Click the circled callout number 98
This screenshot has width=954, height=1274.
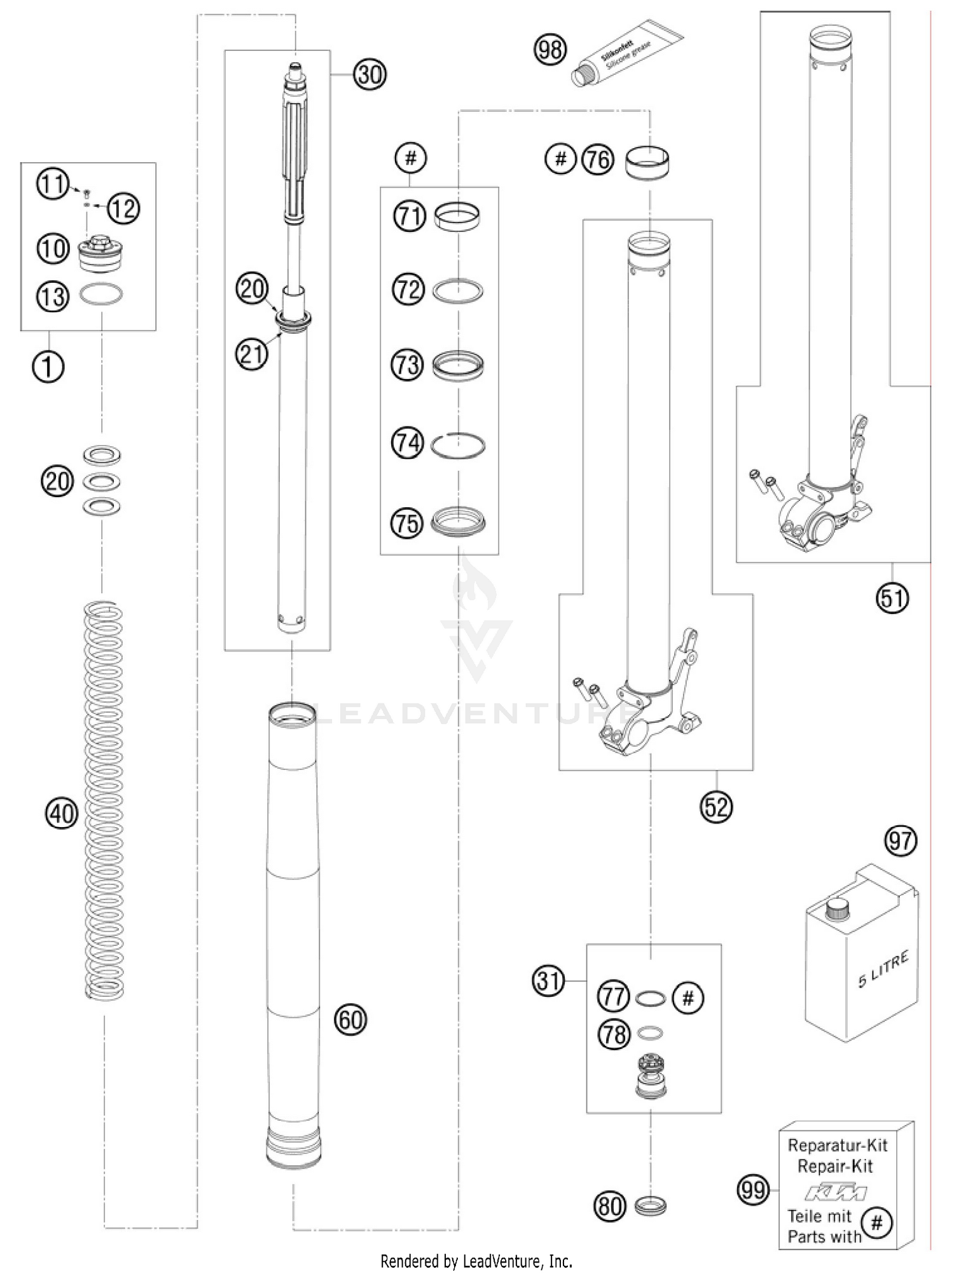(x=550, y=50)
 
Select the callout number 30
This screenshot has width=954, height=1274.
(x=370, y=75)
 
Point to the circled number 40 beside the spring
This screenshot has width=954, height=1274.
(x=62, y=813)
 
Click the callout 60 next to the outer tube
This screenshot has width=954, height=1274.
(x=350, y=1020)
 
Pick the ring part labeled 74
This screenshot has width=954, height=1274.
(x=458, y=444)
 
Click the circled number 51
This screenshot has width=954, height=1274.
(x=892, y=598)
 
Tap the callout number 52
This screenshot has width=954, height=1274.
(x=716, y=807)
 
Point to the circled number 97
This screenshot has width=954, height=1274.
(x=901, y=841)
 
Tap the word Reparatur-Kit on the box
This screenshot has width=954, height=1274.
(x=837, y=1146)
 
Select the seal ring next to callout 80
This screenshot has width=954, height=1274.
(x=650, y=1205)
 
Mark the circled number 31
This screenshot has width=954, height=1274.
(x=548, y=981)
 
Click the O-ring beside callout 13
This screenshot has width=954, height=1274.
(x=101, y=294)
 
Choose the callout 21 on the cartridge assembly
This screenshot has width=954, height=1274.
(x=252, y=353)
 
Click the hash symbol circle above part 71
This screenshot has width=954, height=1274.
(x=411, y=158)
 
